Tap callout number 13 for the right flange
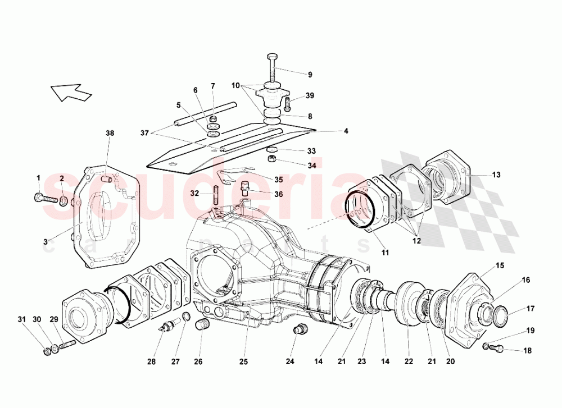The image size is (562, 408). [x=496, y=175]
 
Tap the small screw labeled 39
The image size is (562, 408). [x=287, y=103]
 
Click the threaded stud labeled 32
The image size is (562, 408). [x=216, y=195]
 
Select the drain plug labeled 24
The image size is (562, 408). [x=300, y=329]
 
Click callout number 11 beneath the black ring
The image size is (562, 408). [x=385, y=253]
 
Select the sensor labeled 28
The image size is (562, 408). [x=165, y=327]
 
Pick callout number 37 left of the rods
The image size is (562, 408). [x=145, y=132]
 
